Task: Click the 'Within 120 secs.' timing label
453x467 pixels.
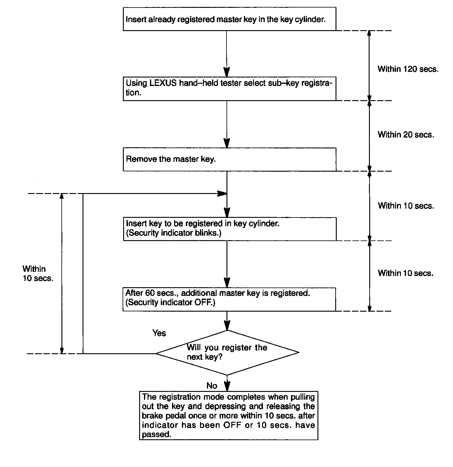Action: tap(408, 69)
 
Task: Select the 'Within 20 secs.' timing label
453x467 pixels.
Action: tap(406, 135)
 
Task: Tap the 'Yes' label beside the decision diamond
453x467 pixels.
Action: tap(159, 333)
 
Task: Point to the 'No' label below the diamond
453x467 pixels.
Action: tap(212, 386)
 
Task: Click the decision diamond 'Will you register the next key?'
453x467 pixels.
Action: tap(227, 352)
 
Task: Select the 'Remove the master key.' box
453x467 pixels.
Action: tap(230, 159)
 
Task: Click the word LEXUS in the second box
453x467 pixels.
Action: tap(163, 83)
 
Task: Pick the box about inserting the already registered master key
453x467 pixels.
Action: tap(230, 20)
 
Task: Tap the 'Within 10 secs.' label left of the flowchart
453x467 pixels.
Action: tap(38, 273)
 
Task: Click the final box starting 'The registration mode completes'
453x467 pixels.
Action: tap(228, 415)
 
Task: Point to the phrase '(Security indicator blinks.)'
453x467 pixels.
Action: tap(173, 233)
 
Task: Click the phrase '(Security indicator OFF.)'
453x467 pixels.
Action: tap(170, 302)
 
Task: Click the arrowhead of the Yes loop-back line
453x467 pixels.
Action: tap(222, 194)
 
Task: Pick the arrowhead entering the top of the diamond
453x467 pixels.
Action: tap(227, 326)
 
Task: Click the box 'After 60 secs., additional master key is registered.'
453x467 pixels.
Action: tap(229, 299)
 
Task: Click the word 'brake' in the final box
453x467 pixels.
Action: tap(152, 415)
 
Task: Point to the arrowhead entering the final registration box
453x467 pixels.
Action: tap(227, 387)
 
